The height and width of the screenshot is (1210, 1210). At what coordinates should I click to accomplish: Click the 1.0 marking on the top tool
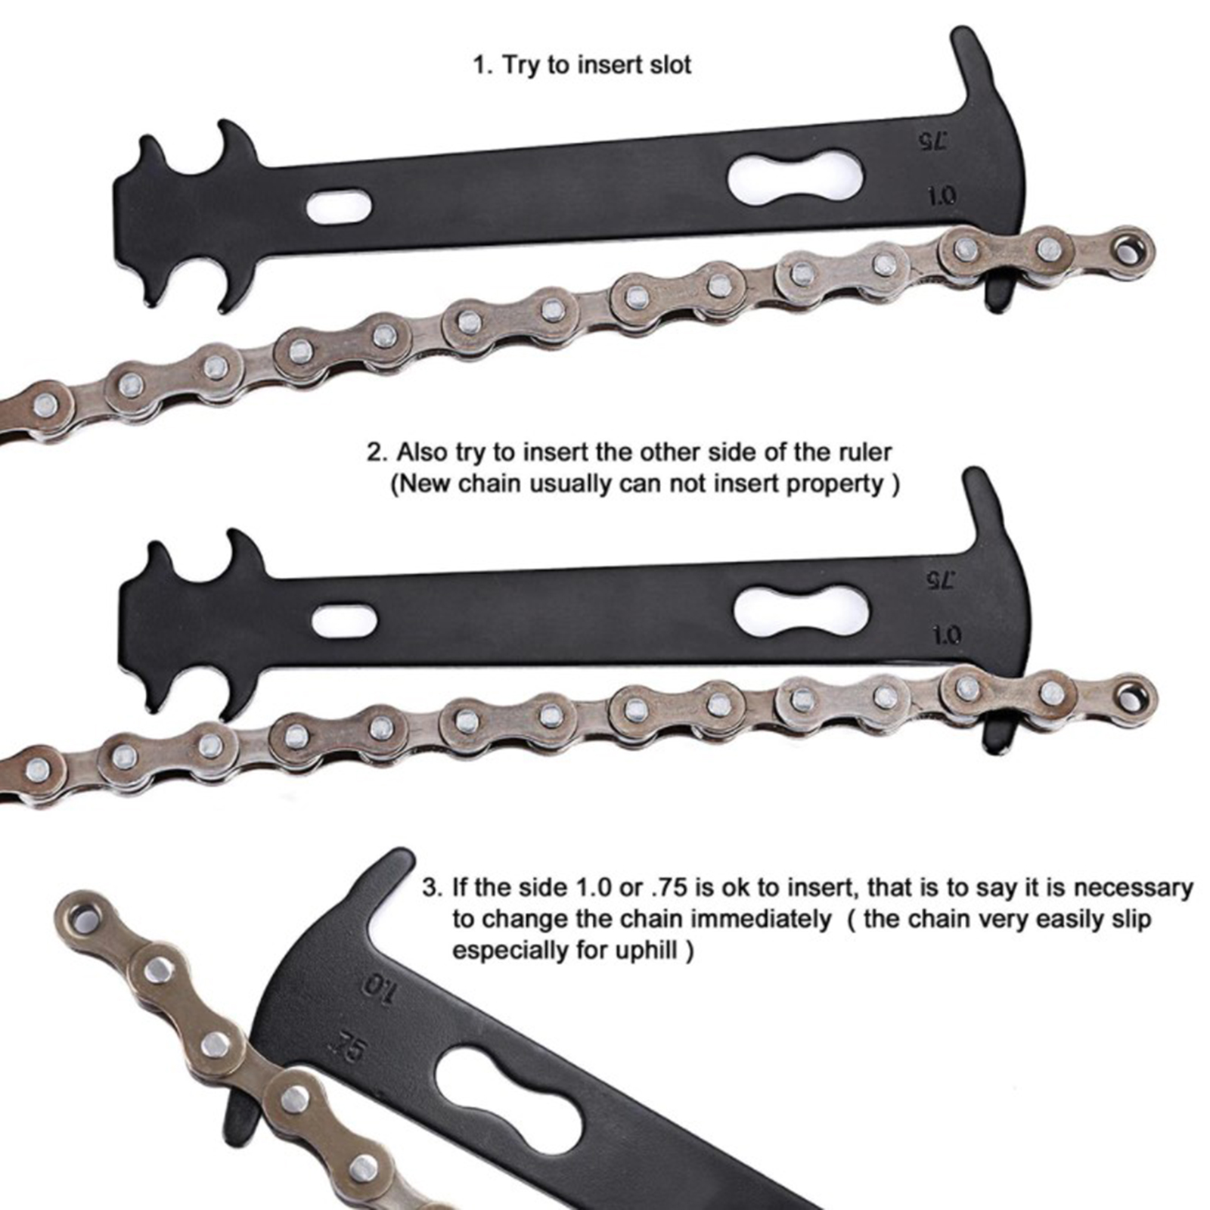(942, 197)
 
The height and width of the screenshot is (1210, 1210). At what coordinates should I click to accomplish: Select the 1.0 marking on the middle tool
(946, 634)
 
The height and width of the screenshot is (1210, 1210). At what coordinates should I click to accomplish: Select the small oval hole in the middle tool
(344, 621)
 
